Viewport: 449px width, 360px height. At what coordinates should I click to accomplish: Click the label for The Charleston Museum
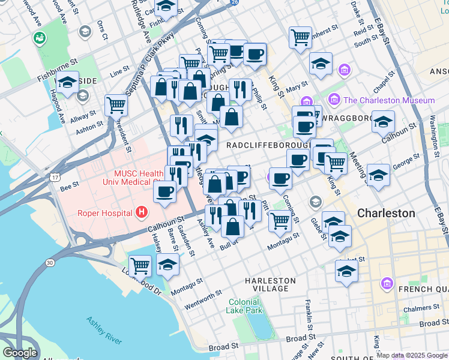click(x=389, y=100)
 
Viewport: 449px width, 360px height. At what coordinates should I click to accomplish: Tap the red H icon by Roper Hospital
click(x=141, y=212)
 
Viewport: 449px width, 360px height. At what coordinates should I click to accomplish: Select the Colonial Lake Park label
click(x=244, y=307)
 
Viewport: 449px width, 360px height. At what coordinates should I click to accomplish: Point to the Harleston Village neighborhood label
click(x=270, y=284)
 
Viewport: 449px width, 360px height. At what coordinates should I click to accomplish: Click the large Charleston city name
click(x=385, y=213)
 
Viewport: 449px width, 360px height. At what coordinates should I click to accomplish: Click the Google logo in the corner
click(x=19, y=352)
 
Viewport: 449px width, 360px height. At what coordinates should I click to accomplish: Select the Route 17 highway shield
click(x=55, y=178)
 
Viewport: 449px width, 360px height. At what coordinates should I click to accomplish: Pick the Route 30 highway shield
click(x=49, y=262)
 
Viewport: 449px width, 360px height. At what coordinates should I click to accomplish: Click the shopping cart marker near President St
click(x=116, y=105)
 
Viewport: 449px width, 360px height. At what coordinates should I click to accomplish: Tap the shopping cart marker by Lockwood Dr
click(x=140, y=265)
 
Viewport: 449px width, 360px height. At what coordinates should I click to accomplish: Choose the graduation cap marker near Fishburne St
click(x=68, y=82)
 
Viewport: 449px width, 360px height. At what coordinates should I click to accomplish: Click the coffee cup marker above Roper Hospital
click(x=164, y=192)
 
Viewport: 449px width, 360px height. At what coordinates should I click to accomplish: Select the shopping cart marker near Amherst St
click(x=300, y=37)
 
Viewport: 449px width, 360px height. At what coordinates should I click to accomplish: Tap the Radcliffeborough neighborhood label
click(x=268, y=146)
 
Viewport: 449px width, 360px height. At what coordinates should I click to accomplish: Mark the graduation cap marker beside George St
click(x=379, y=175)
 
